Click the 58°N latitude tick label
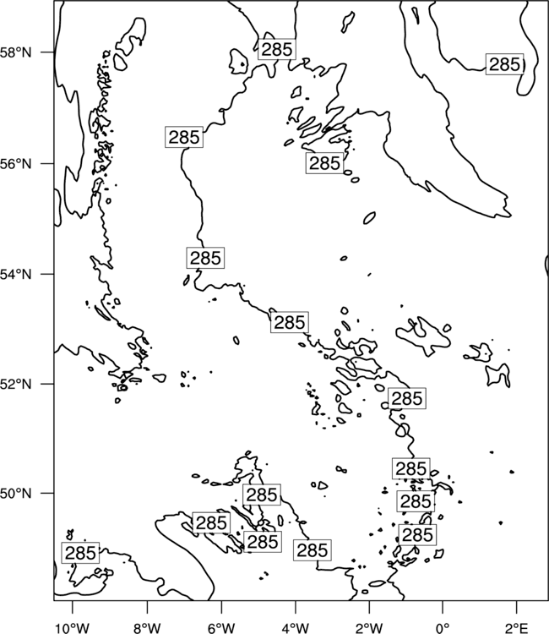click(16, 52)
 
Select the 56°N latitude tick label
click(16, 164)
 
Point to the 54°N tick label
click(16, 274)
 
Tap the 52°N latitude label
click(16, 384)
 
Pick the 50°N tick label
click(16, 494)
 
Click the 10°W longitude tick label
click(73, 628)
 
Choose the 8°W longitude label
click(147, 628)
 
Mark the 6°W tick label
click(221, 628)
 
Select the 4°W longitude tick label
click(296, 628)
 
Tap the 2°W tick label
click(369, 628)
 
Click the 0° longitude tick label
click(443, 628)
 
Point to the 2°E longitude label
click(517, 628)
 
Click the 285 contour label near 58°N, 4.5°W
click(277, 49)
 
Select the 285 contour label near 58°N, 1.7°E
click(504, 64)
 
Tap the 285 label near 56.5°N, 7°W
click(184, 137)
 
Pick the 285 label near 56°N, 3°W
click(324, 163)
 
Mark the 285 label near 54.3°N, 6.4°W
click(205, 258)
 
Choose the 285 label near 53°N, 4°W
click(289, 322)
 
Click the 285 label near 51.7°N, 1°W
click(407, 398)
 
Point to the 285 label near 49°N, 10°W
click(80, 553)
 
